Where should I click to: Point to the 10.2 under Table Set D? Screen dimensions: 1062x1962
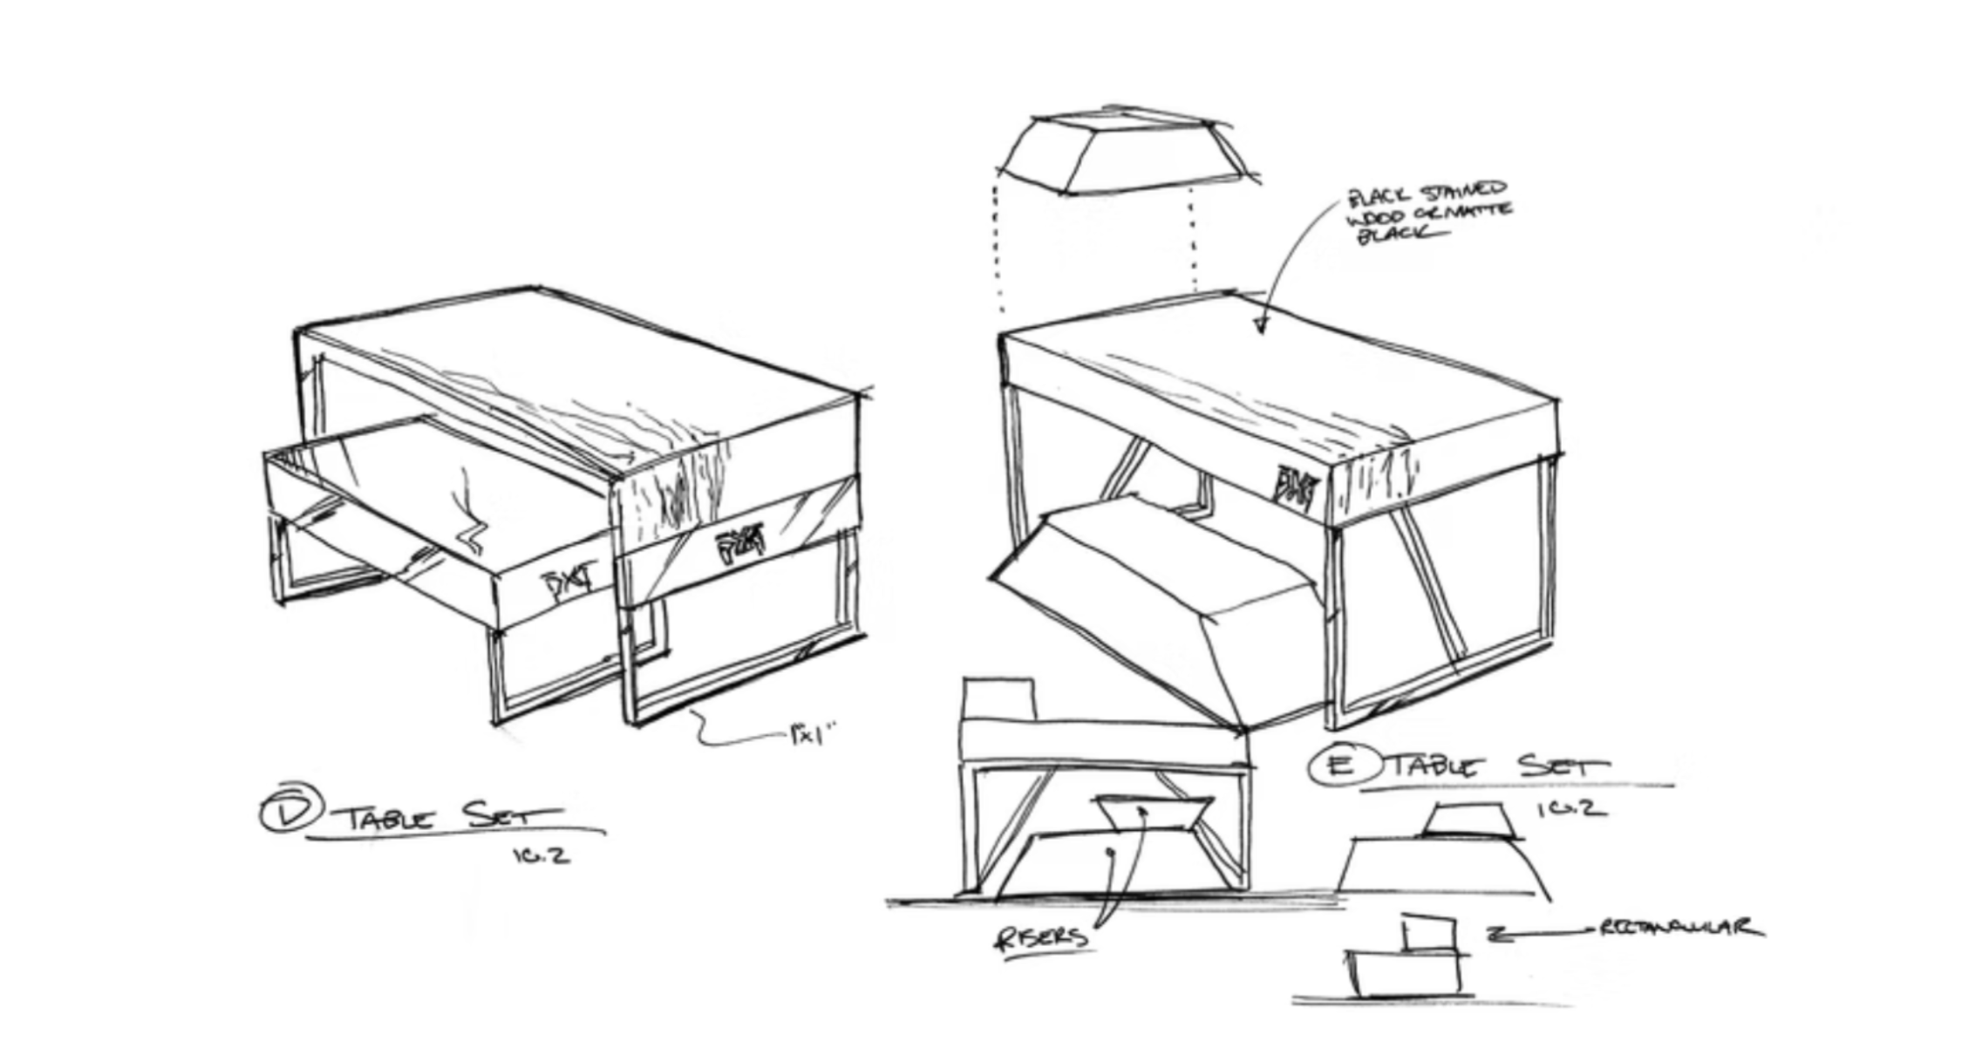click(x=541, y=855)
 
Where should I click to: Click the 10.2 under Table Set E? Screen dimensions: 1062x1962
click(x=1570, y=809)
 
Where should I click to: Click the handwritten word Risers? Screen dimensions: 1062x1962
click(x=1041, y=937)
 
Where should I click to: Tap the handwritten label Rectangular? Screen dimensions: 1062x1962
click(x=1678, y=928)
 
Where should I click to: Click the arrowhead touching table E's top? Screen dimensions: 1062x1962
click(x=1260, y=326)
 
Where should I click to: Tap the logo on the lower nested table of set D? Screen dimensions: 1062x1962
click(x=568, y=582)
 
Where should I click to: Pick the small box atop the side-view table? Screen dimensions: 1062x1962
click(x=998, y=698)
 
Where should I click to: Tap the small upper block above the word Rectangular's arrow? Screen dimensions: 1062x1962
click(x=1427, y=934)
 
